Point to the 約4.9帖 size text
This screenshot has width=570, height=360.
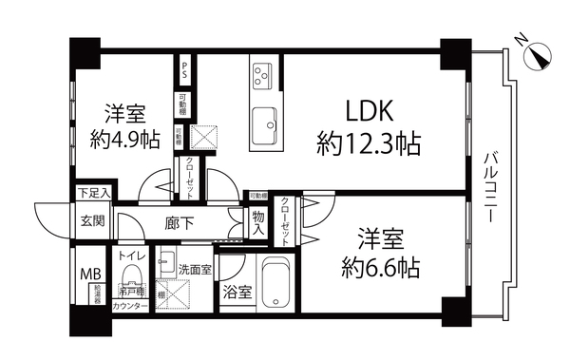coord(123,140)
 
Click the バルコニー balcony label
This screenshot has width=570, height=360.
coord(493,186)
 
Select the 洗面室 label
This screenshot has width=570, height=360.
coord(194,269)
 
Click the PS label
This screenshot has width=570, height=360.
coord(183,70)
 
